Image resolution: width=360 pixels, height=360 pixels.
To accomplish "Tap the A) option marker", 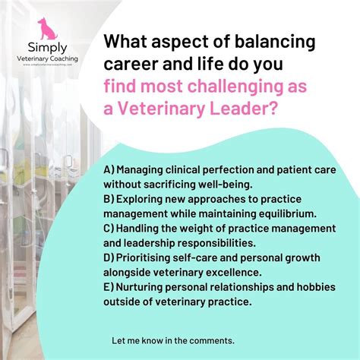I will pyautogui.click(x=109, y=169).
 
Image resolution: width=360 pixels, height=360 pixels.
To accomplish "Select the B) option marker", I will pyautogui.click(x=109, y=198).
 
